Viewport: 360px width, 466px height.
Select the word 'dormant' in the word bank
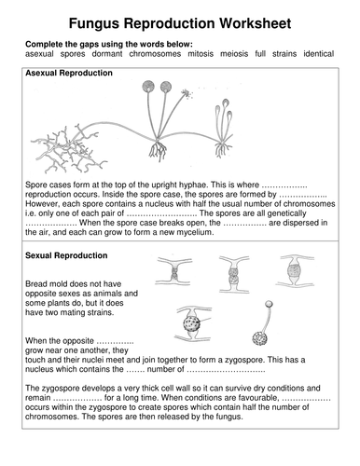tap(107, 54)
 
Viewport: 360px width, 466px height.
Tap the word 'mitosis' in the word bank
tap(201, 54)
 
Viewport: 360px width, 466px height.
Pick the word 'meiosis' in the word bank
tap(234, 54)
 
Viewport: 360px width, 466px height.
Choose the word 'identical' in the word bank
tap(319, 54)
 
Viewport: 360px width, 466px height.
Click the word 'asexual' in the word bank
tap(39, 54)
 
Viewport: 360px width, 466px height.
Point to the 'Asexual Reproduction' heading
tap(69, 73)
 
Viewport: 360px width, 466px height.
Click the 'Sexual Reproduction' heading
tap(66, 255)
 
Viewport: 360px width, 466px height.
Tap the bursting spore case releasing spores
tap(187, 93)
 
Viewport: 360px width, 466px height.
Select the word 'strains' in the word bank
tap(284, 54)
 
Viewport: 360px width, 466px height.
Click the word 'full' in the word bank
tap(260, 54)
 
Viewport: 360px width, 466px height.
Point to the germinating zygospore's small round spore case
tap(269, 304)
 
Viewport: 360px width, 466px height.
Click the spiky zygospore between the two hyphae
tap(192, 323)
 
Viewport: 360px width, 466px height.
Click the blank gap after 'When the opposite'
tap(115, 342)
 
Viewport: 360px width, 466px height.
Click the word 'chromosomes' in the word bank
tap(155, 54)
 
